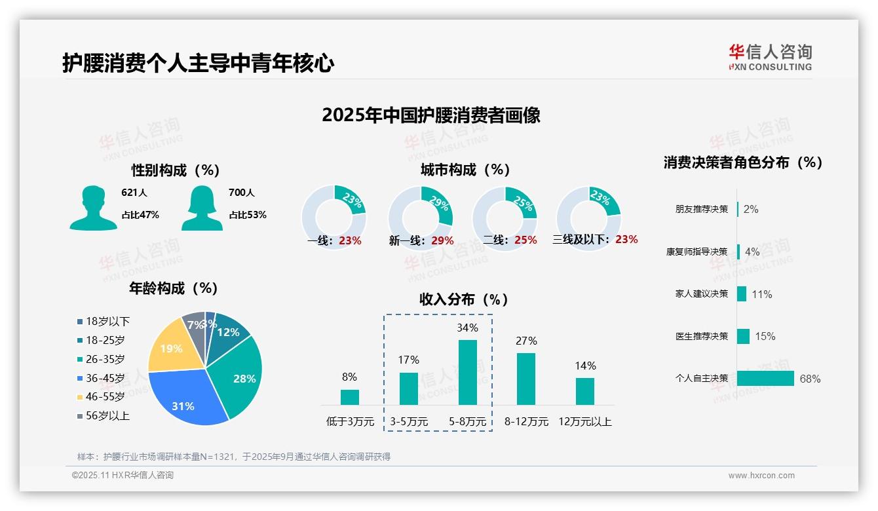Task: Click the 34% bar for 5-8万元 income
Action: [467, 372]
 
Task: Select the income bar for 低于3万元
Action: [349, 397]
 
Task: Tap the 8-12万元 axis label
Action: [526, 421]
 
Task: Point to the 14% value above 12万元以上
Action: [585, 366]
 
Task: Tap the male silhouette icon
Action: [93, 208]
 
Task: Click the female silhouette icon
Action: [202, 208]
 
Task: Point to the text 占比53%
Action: [248, 215]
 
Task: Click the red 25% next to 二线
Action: [525, 240]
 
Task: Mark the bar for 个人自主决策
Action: [765, 378]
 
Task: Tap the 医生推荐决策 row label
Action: [701, 336]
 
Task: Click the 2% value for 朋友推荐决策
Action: [751, 209]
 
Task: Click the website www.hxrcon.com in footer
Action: [761, 476]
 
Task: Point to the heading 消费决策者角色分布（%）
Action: [742, 162]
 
